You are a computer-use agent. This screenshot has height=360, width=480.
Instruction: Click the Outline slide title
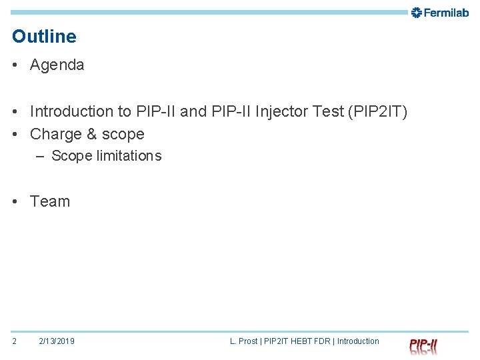coord(44,37)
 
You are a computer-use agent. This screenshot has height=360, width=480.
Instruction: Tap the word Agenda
coord(57,65)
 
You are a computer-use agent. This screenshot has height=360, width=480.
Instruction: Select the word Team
coord(50,201)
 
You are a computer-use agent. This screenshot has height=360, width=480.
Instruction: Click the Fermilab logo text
coord(447,13)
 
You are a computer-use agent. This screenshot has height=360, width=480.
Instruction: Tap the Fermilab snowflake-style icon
coord(417,13)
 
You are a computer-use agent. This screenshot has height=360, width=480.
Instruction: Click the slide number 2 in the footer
coord(15,341)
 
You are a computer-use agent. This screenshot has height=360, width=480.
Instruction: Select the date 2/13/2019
coord(57,341)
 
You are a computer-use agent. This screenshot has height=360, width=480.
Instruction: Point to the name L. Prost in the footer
coord(243,341)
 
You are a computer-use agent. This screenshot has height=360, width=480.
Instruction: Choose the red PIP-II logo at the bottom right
coord(423,346)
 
